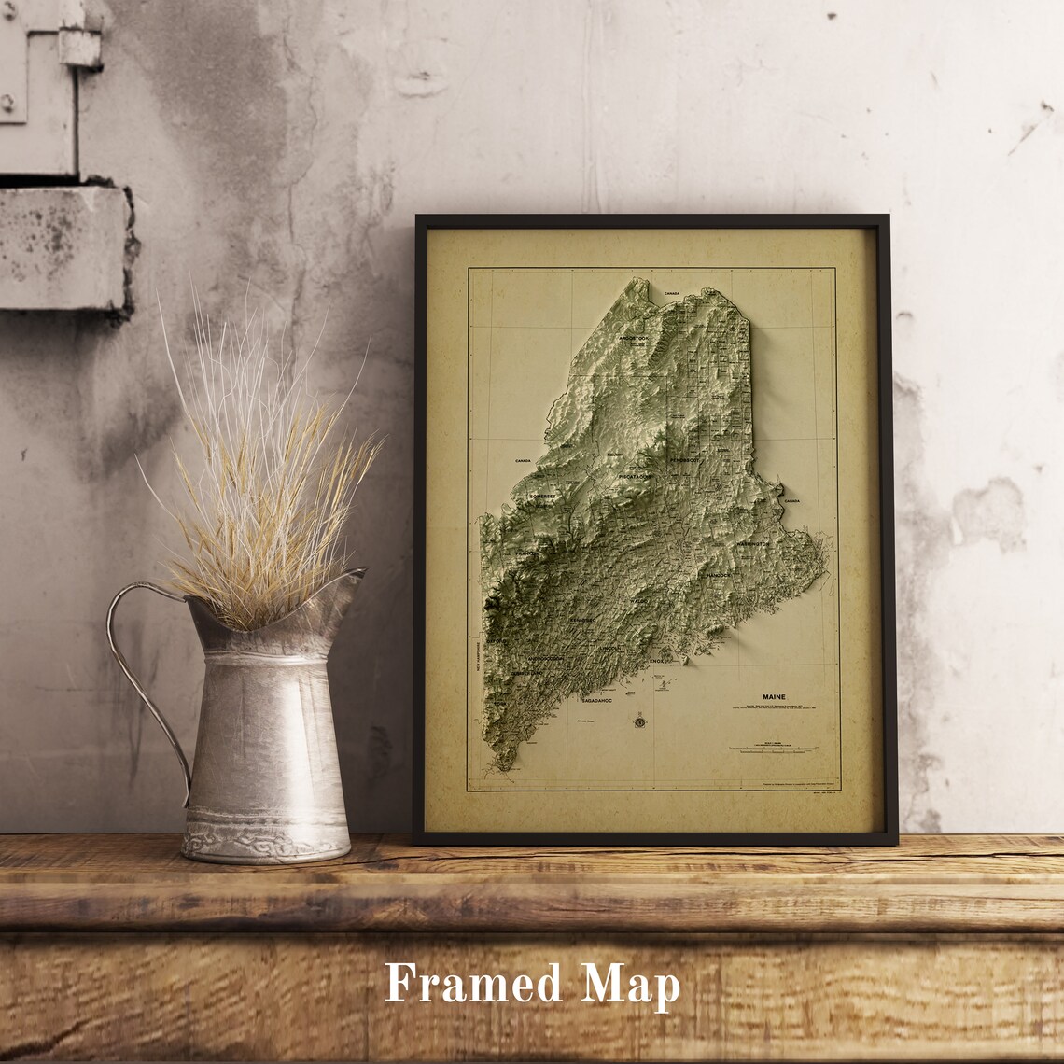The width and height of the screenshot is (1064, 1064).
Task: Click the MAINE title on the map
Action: point(774,697)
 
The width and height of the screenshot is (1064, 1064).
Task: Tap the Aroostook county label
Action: point(632,337)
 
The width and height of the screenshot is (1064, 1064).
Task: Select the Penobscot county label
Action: point(683,459)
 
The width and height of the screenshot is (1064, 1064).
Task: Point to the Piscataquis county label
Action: point(635,476)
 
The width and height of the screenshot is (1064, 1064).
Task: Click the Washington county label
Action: point(752,543)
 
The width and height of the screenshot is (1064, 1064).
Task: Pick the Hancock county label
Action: point(719,575)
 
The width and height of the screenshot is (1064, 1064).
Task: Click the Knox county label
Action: point(659,661)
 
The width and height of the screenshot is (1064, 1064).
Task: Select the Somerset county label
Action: point(544,497)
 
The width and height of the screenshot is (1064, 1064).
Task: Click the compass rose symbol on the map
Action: point(640,720)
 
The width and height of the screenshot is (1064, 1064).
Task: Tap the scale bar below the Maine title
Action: point(773,749)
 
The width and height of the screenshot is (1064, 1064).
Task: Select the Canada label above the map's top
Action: point(671,293)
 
